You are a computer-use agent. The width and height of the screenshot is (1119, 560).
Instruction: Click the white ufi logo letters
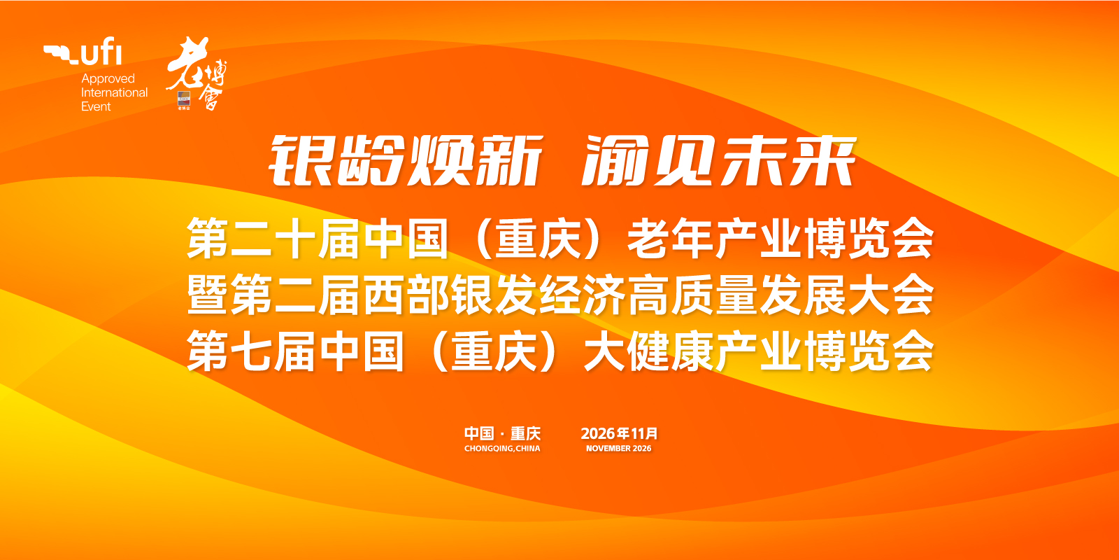coord(101,52)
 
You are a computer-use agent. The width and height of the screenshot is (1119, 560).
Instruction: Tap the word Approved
coord(108,79)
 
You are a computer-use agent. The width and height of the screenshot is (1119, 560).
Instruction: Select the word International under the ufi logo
coord(115,92)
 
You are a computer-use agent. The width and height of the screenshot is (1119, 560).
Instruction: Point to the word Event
coord(96,106)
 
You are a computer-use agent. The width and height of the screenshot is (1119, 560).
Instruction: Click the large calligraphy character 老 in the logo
coord(187,62)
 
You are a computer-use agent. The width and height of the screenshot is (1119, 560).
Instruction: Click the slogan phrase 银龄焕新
coord(406,161)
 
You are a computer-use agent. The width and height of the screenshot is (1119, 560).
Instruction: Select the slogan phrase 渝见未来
coord(720,161)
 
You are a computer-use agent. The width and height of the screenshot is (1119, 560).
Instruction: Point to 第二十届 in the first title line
coord(273,239)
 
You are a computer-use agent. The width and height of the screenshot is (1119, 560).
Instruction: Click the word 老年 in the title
coord(670,239)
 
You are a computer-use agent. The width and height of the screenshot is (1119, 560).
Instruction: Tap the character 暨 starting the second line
coord(208,295)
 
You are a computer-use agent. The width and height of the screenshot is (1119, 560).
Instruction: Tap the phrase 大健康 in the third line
coord(648,351)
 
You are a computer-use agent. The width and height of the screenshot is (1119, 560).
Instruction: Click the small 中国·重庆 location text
coord(503,433)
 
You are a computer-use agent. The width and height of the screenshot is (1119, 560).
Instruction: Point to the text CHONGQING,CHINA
coord(503,449)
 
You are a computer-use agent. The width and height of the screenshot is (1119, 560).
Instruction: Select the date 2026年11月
coord(619,433)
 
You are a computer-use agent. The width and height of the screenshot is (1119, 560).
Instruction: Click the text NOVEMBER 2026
coord(619,449)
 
